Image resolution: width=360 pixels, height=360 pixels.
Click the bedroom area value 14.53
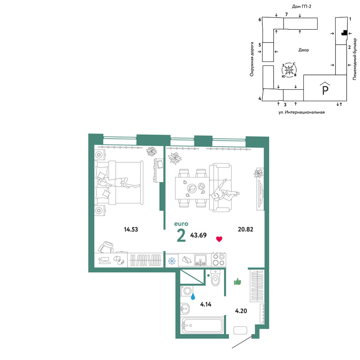131,229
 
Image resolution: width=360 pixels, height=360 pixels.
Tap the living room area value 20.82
246,229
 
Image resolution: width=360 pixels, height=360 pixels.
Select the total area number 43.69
198,235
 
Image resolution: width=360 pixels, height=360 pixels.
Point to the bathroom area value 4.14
206,305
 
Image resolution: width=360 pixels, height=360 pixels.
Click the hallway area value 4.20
241,311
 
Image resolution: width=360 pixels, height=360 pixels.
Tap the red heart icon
219,239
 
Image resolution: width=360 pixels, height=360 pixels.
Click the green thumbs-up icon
237,282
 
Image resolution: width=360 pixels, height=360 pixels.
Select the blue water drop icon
193,296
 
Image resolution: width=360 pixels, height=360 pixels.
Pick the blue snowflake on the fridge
172,261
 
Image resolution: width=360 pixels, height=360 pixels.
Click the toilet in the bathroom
216,278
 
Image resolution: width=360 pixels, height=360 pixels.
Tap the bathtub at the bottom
202,325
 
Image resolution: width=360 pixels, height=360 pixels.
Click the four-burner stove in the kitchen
219,260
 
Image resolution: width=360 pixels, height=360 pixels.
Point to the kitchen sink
201,260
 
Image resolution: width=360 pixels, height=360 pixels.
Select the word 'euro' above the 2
181,224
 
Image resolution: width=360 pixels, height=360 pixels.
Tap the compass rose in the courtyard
289,69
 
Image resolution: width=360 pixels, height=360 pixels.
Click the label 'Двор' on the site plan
303,50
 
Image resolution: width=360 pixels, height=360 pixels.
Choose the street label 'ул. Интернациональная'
301,112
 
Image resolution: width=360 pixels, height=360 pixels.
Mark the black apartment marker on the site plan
344,33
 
